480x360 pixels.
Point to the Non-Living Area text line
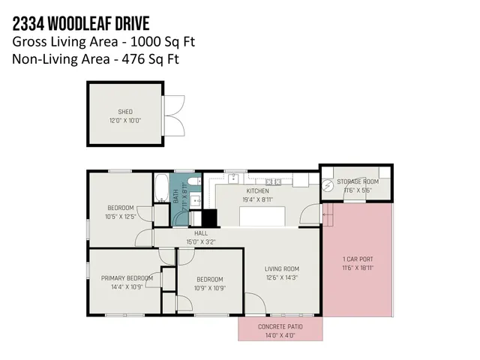click(x=95, y=58)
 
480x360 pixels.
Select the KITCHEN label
click(x=257, y=190)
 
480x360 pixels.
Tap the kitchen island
click(x=262, y=217)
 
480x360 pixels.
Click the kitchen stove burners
click(x=273, y=181)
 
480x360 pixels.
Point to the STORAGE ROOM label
click(x=357, y=181)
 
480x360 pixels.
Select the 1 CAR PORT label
click(x=357, y=260)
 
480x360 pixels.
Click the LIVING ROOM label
click(x=281, y=268)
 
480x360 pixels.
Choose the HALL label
click(x=201, y=233)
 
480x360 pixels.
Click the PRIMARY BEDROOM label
click(x=127, y=278)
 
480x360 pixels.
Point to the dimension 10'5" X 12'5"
click(x=120, y=217)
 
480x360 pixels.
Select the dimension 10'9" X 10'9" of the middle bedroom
click(x=210, y=287)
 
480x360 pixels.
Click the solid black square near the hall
click(x=209, y=217)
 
